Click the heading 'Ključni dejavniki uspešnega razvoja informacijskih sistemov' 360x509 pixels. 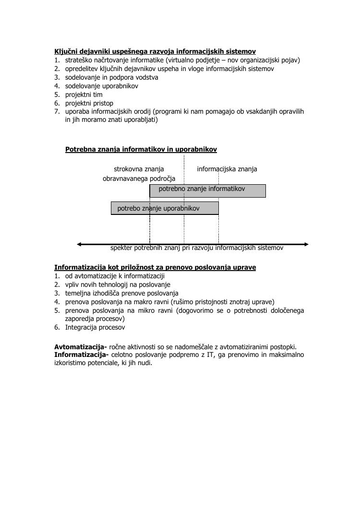(155, 51)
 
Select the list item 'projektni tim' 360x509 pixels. (84, 95)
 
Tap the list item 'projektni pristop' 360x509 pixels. (89, 103)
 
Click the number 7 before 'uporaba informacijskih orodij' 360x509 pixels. (57, 112)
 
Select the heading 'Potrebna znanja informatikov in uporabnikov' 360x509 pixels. (141, 150)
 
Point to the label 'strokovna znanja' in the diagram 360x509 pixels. (139, 169)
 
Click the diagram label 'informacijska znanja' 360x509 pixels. (227, 169)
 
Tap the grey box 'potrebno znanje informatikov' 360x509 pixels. (208, 190)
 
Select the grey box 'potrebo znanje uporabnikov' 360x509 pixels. (165, 208)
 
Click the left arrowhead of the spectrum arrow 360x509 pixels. (79, 244)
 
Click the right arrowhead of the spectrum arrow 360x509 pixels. (306, 244)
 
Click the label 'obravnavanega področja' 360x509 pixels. (139, 178)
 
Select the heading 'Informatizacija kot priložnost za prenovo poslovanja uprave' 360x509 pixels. (155, 267)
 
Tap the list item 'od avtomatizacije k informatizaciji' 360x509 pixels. (115, 276)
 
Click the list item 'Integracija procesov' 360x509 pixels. (95, 328)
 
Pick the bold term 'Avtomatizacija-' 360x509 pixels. (81, 347)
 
